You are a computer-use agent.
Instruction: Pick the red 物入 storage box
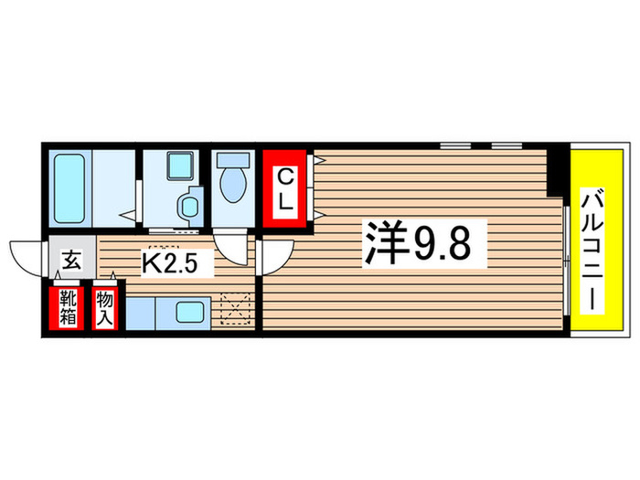point(106,309)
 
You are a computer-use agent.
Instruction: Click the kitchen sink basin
point(189,312)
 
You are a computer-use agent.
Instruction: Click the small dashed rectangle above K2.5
point(164,247)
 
